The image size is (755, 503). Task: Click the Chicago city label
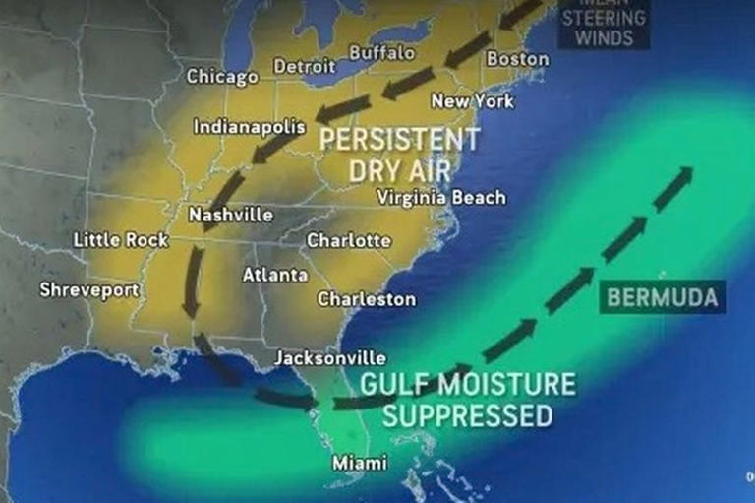point(222,76)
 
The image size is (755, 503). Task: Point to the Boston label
point(517,59)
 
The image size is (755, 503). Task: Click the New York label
point(472,100)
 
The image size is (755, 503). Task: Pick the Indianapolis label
point(249,127)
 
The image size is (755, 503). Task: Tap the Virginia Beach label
point(441,198)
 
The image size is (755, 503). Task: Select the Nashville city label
point(231,215)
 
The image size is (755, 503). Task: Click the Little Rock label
point(121,239)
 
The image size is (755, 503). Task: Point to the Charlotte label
point(349,240)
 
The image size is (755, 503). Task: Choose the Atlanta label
point(275,275)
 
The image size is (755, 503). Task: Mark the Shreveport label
point(89,289)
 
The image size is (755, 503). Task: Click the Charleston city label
point(367,298)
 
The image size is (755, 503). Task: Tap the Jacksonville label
point(329,357)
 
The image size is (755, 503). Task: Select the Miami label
point(359,462)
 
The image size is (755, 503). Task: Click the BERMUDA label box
point(662,296)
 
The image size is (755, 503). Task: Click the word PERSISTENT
point(399,139)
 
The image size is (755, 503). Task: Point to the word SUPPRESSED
point(467,415)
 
